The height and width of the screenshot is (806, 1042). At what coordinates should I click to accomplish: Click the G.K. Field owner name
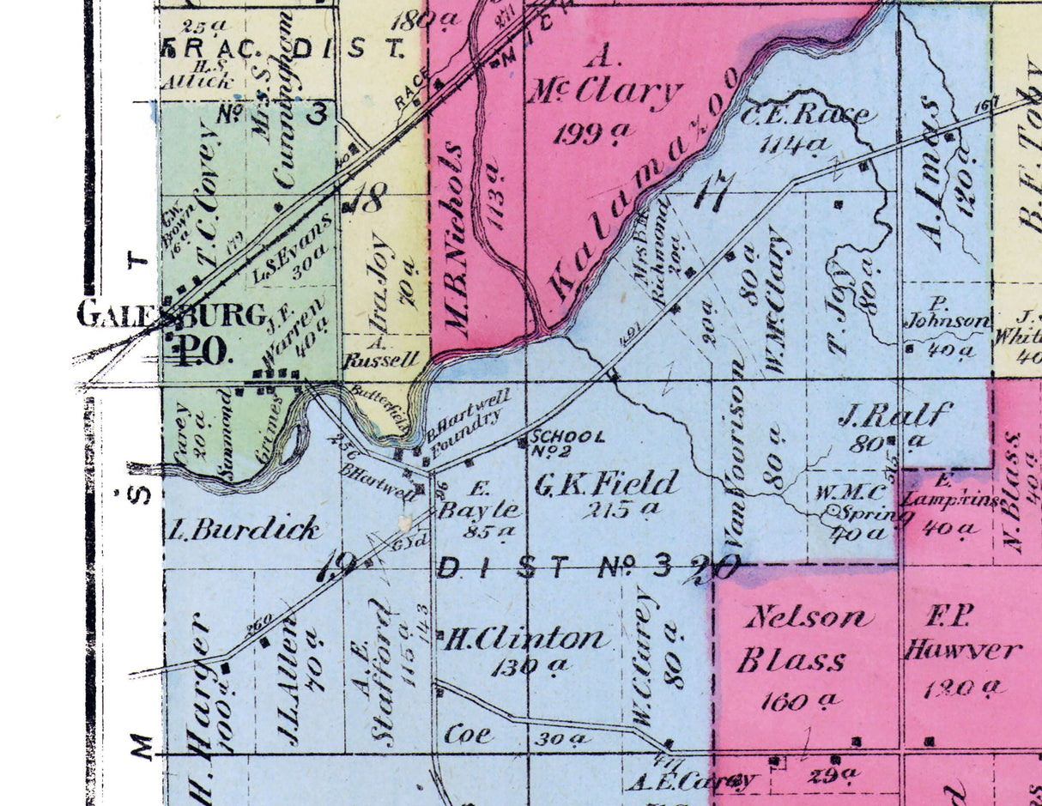[x=607, y=483]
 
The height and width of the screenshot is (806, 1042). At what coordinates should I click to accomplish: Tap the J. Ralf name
[x=894, y=415]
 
